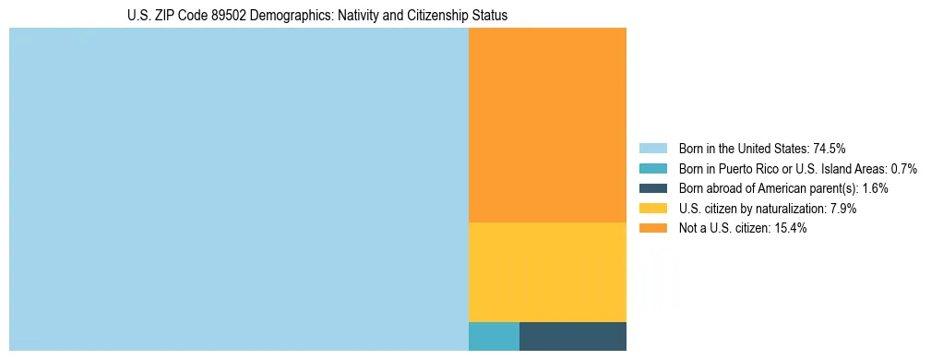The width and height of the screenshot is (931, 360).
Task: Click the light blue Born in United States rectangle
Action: pyautogui.click(x=238, y=189)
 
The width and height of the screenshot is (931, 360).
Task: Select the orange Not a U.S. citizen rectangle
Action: pyautogui.click(x=547, y=125)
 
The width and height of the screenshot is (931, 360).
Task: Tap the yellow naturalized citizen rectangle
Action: pyautogui.click(x=547, y=272)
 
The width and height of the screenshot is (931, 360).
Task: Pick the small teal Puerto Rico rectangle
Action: pyautogui.click(x=494, y=336)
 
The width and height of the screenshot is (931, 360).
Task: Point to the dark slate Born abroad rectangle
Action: pyautogui.click(x=573, y=336)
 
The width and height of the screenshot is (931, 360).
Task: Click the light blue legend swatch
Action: pyautogui.click(x=652, y=148)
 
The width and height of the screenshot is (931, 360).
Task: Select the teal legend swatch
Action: pyautogui.click(x=652, y=168)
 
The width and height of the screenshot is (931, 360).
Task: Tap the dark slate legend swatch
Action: pyautogui.click(x=652, y=188)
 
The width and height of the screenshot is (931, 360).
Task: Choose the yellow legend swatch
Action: pyautogui.click(x=652, y=209)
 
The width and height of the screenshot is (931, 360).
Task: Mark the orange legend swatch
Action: pyautogui.click(x=652, y=229)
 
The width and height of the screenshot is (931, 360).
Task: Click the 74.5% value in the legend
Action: pyautogui.click(x=830, y=148)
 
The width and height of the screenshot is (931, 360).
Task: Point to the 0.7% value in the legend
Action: pyautogui.click(x=903, y=168)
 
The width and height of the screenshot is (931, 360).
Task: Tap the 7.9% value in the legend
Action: pyautogui.click(x=843, y=209)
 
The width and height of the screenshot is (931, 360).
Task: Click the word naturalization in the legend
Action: pyautogui.click(x=792, y=209)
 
